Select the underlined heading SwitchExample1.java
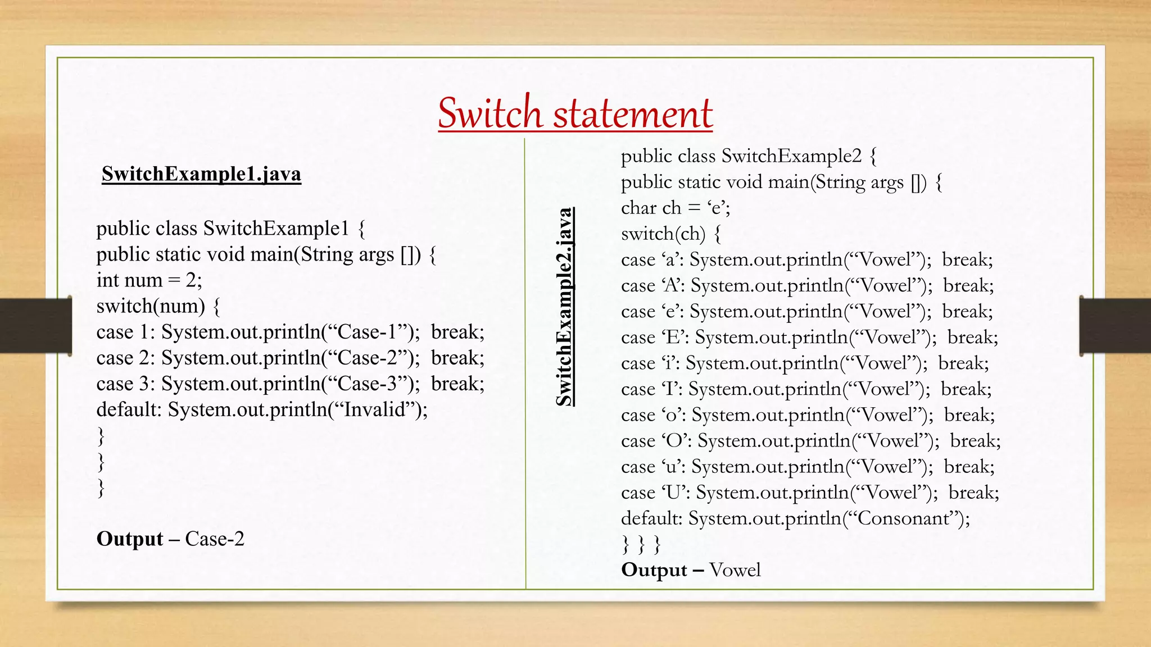click(x=201, y=174)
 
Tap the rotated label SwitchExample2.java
click(x=564, y=307)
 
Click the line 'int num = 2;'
click(x=149, y=280)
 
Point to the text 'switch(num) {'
click(x=158, y=306)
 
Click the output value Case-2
click(x=215, y=539)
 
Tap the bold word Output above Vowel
click(x=654, y=570)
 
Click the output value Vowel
click(x=735, y=570)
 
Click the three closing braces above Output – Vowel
click(x=641, y=544)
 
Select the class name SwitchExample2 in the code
click(x=791, y=156)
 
